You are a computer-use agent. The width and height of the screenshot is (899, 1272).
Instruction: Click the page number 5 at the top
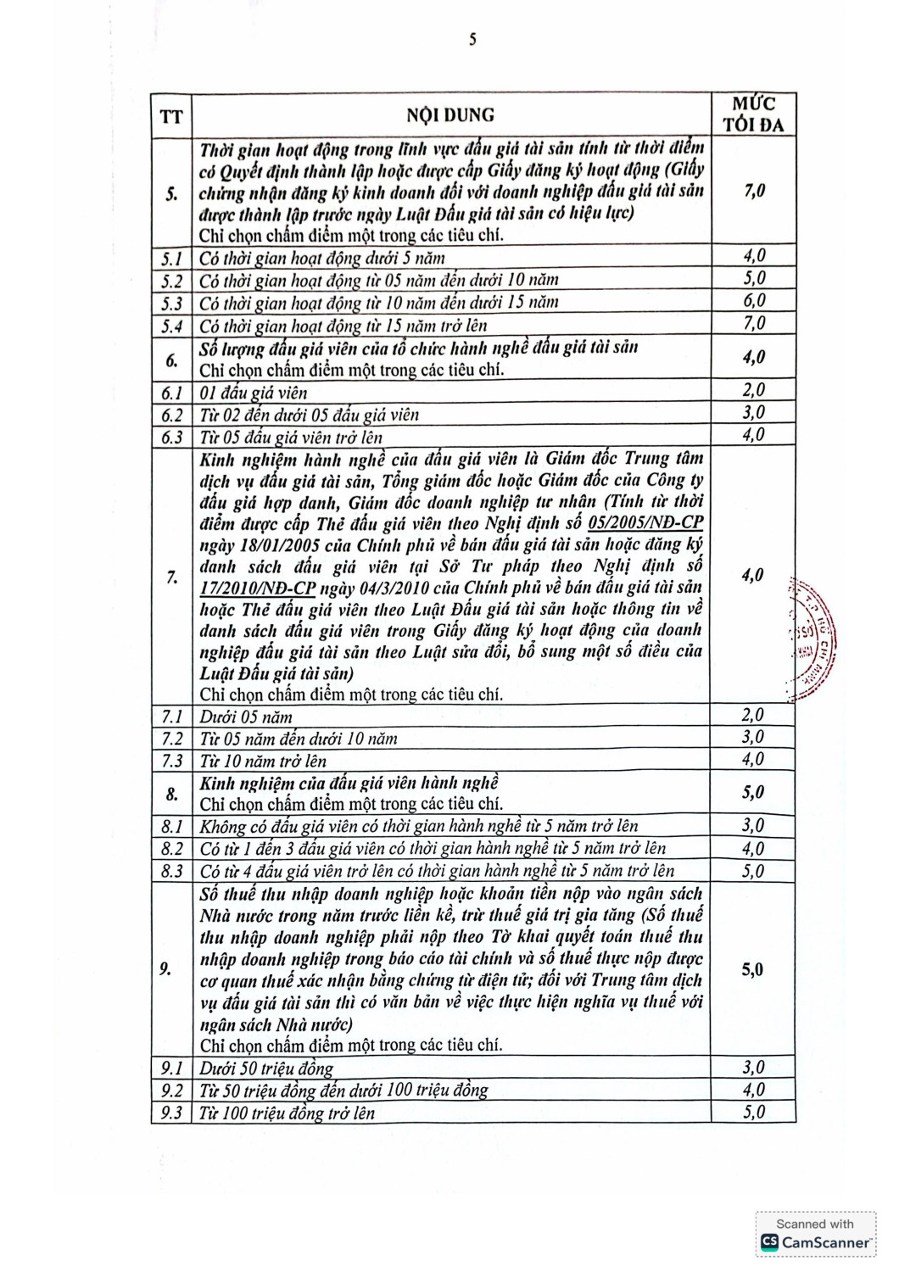click(x=472, y=39)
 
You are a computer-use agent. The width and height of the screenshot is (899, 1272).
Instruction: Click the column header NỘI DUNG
click(x=449, y=115)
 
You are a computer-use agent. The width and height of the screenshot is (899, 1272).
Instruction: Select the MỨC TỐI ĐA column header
click(x=753, y=114)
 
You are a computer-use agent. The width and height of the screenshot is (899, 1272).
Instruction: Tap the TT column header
click(x=171, y=116)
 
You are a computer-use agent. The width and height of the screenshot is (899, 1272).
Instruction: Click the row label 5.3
click(x=172, y=303)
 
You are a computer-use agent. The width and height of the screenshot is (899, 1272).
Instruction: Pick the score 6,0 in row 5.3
click(x=753, y=301)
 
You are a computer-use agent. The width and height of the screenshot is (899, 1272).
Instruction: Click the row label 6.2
click(x=172, y=415)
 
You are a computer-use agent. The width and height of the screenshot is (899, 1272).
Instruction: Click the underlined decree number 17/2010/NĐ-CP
click(x=258, y=588)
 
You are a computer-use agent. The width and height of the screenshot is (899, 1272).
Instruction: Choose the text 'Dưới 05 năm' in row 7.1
click(x=246, y=717)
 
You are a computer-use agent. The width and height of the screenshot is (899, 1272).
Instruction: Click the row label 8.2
click(x=172, y=849)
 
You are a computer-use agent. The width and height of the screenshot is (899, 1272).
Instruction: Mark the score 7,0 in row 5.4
click(x=753, y=323)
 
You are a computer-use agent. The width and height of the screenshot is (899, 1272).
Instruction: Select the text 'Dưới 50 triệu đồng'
click(x=266, y=1068)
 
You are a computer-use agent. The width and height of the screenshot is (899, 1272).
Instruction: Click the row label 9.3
click(x=171, y=1113)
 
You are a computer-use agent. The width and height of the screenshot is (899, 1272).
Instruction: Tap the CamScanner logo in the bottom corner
click(x=816, y=1241)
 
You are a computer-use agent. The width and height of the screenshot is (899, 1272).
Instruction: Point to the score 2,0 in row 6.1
click(x=753, y=390)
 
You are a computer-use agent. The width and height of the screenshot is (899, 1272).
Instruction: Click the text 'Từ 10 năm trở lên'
click(x=263, y=761)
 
